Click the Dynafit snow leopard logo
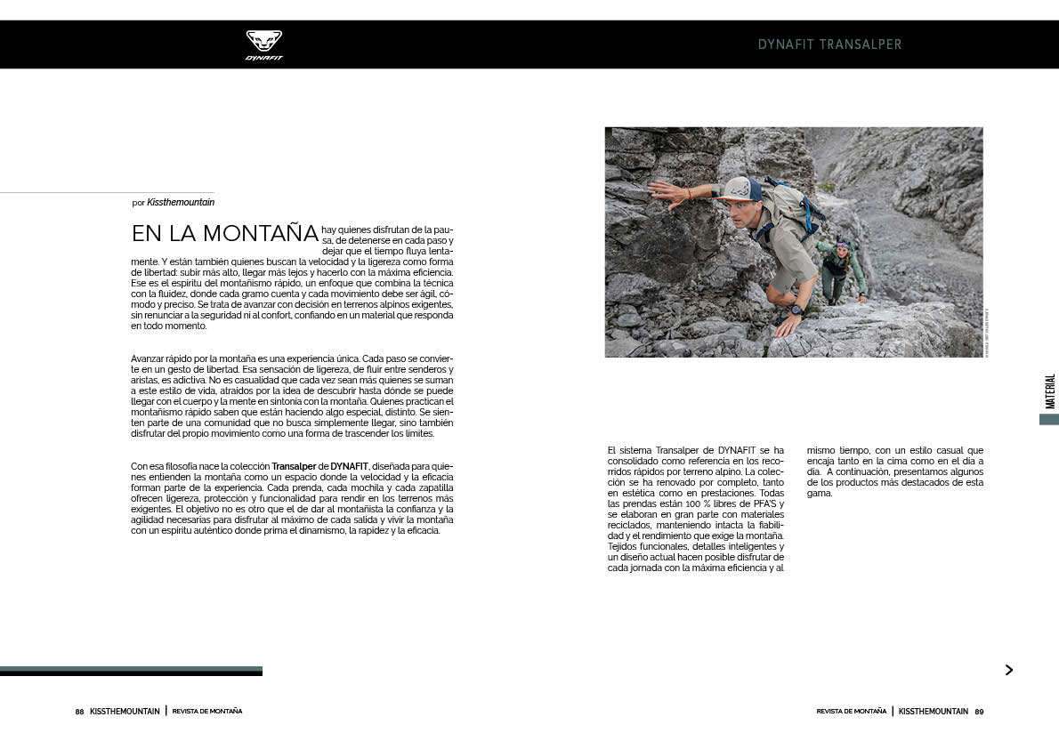coord(263,44)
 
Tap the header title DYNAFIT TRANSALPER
coord(829,44)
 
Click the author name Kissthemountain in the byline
coord(181,203)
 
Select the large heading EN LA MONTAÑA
coord(225,234)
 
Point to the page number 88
coord(79,712)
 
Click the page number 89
coord(979,712)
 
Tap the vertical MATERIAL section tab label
coord(1049,391)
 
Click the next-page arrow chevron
coord(1008,670)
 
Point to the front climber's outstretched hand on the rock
coord(663,189)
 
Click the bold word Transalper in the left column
coord(294,466)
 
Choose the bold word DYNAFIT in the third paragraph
coord(350,466)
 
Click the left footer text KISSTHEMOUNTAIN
coord(125,712)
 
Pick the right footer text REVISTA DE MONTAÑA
coord(852,712)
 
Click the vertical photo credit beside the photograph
coord(987,332)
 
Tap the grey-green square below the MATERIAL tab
coord(1048,419)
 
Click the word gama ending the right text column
coord(819,493)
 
